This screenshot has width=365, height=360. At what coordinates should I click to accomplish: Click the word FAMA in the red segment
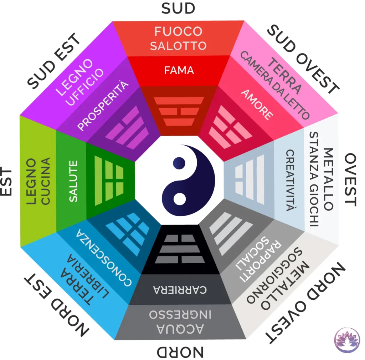[x=179, y=70]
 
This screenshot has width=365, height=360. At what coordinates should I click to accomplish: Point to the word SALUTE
[x=73, y=181]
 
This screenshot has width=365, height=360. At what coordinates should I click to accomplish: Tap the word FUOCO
[x=178, y=31]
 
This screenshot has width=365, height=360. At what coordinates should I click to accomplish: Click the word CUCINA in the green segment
[x=46, y=181]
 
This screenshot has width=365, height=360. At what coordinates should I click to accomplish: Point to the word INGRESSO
[x=180, y=314]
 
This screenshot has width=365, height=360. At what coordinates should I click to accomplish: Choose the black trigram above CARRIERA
[x=180, y=249]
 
